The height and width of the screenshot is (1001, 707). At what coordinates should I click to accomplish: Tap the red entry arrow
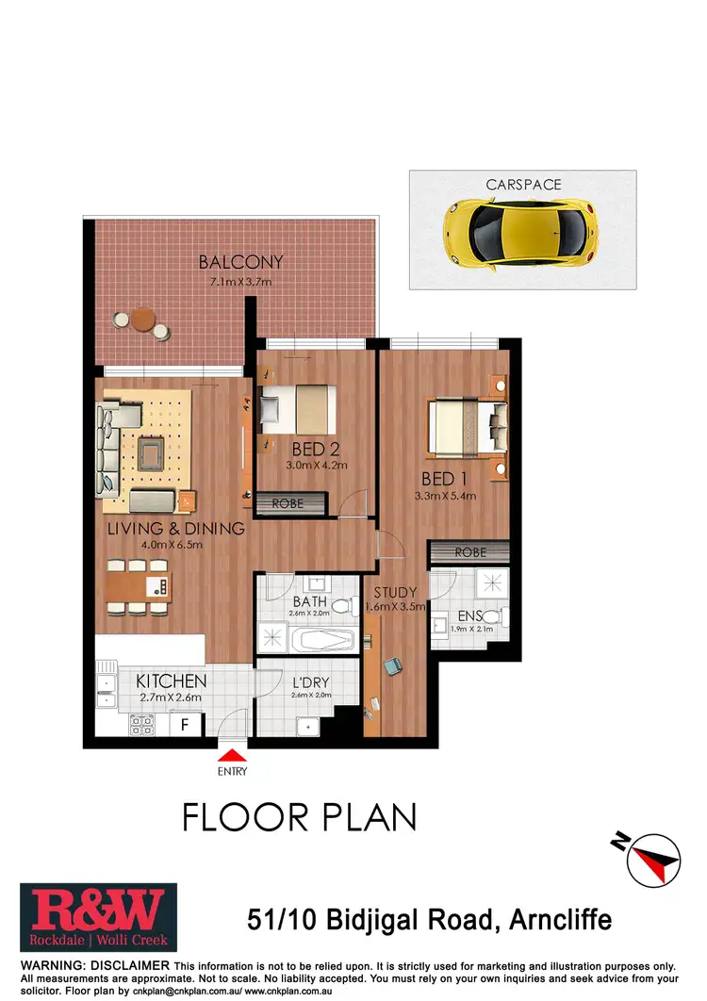[x=233, y=754]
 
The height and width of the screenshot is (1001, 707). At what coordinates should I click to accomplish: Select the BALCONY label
[x=240, y=262]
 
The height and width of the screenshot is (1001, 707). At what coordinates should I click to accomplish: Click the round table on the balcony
[x=143, y=318]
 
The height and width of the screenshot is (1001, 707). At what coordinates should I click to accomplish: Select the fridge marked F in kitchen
[x=185, y=725]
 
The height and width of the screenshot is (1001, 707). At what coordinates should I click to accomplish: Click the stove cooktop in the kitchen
[x=142, y=725]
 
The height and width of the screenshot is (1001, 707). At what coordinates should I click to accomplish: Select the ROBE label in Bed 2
[x=288, y=504]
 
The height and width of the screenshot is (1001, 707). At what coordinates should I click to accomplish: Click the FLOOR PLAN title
[x=299, y=816]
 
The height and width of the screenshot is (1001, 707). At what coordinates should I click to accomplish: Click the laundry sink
[x=306, y=727]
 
